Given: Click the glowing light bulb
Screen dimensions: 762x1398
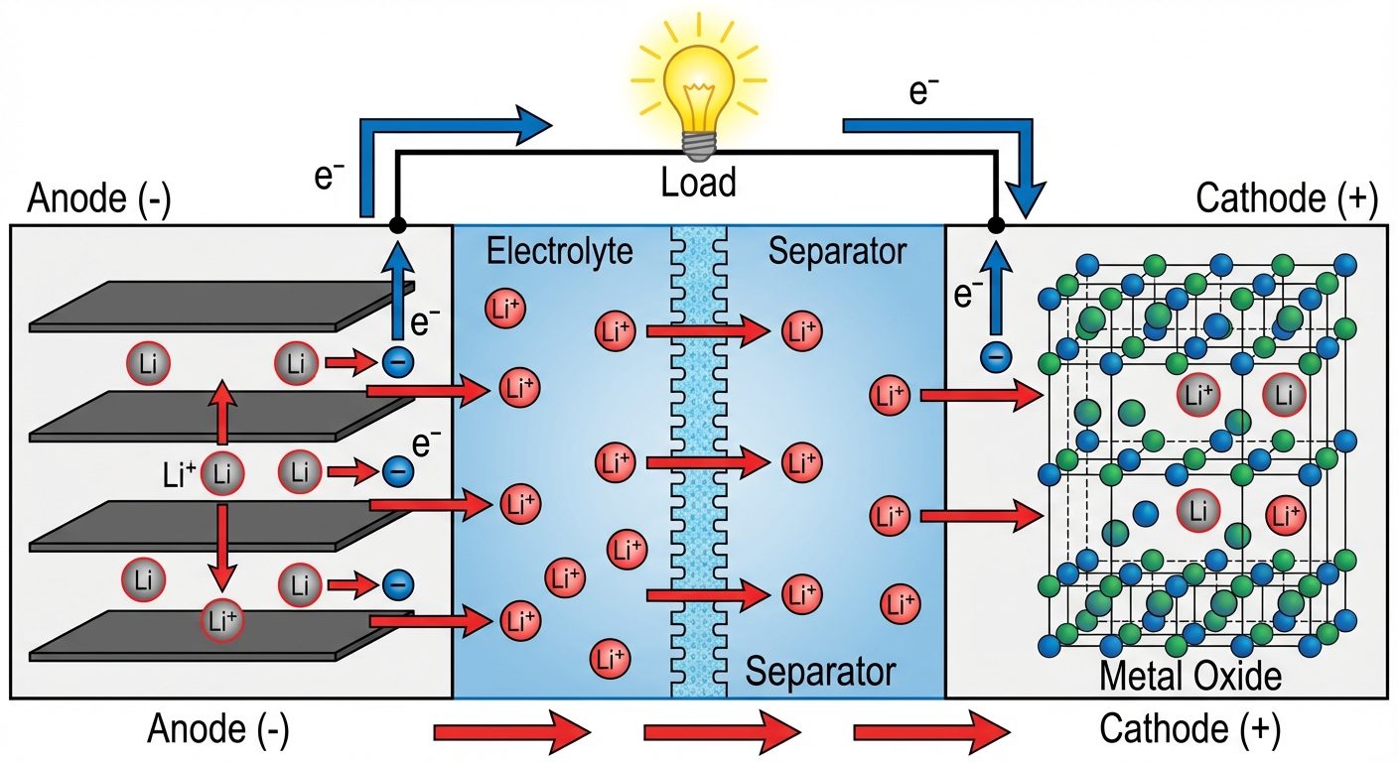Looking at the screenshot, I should (x=698, y=94).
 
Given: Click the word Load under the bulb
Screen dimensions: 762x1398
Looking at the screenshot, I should (x=699, y=183).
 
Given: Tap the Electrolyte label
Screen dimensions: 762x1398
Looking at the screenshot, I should (x=559, y=252).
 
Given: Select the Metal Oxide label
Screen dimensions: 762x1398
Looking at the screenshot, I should (x=1190, y=677).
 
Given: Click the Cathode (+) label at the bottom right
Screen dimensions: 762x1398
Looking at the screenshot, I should (x=1189, y=731).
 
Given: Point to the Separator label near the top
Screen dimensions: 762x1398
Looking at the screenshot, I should (x=837, y=252).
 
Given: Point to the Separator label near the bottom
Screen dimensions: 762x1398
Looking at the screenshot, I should (x=820, y=673).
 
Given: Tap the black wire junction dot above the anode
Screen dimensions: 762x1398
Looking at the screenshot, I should (x=397, y=225).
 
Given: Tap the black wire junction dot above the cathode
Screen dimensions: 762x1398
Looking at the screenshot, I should (x=997, y=225).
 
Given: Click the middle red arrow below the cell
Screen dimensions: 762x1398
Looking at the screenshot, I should (x=722, y=733).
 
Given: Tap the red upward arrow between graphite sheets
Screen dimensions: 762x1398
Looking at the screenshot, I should (x=221, y=415).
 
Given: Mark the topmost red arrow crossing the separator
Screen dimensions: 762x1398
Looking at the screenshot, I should (x=706, y=331).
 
